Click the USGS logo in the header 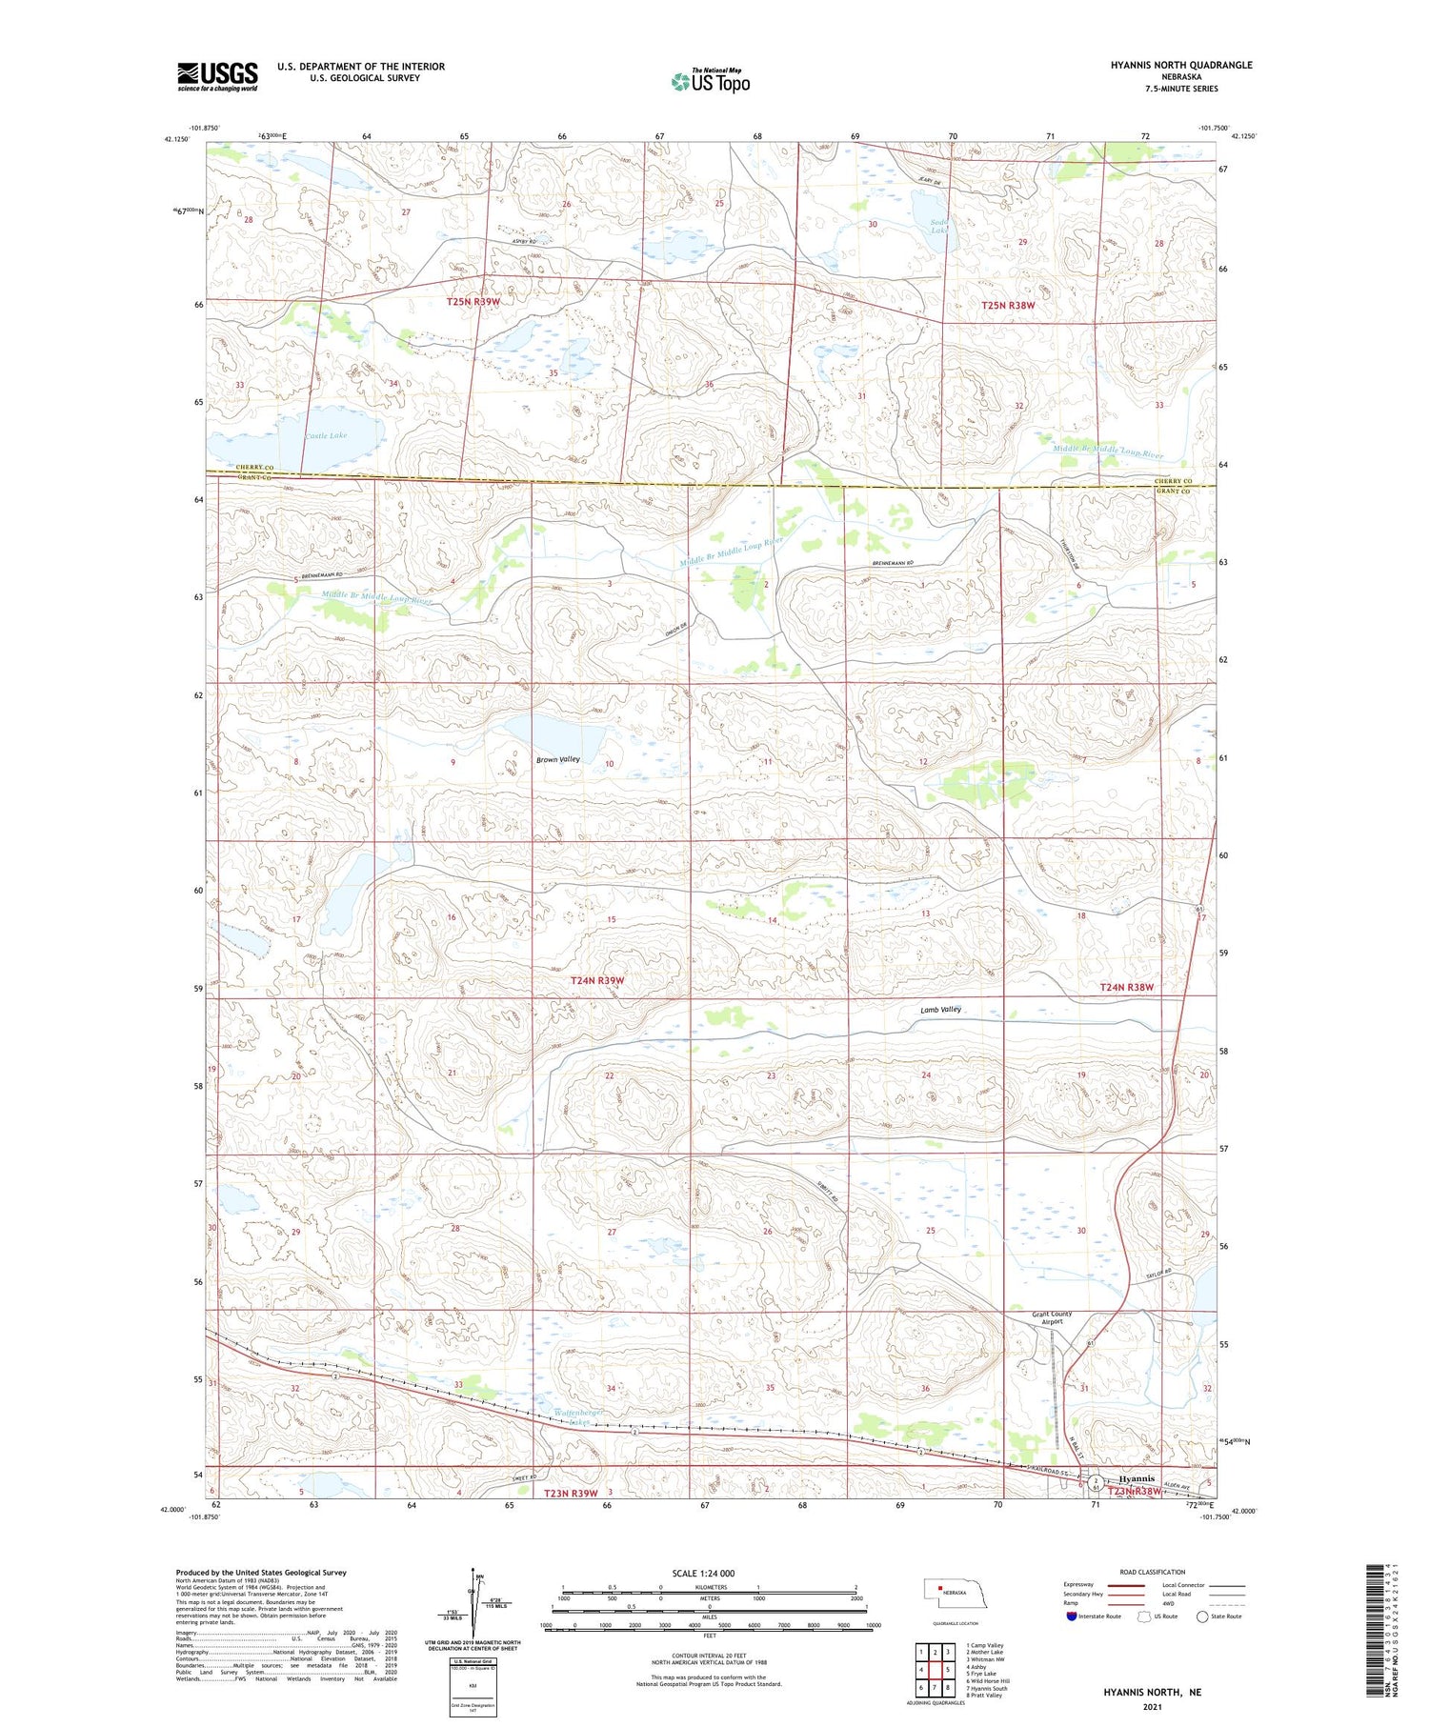tap(217, 76)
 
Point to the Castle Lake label tap(326, 435)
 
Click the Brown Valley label tap(557, 759)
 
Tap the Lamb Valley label tap(940, 1009)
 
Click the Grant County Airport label tap(1052, 1317)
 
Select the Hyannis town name tap(1137, 1478)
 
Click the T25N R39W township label tap(473, 302)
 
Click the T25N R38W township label tap(1008, 306)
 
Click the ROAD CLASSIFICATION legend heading tap(1152, 1572)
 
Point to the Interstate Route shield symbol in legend tap(1072, 1616)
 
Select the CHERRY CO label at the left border tap(227, 467)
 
